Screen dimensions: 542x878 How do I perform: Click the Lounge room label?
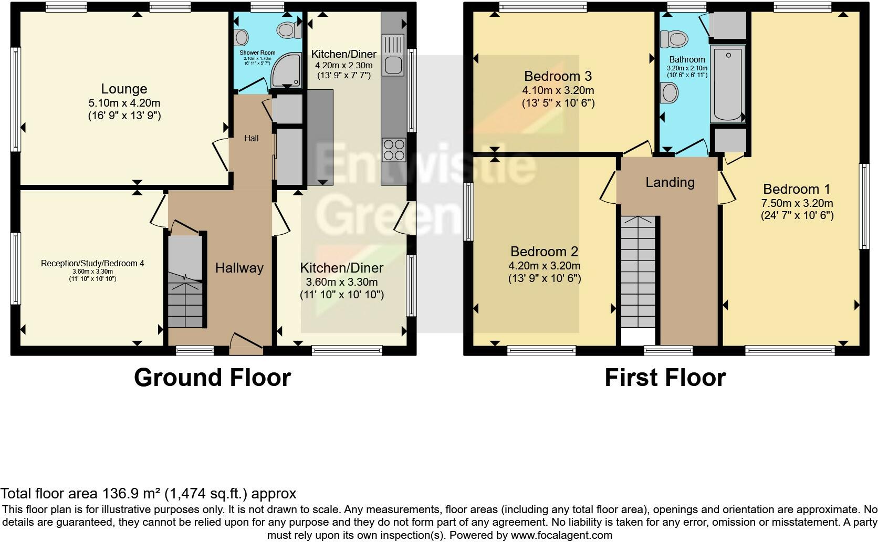click(124, 89)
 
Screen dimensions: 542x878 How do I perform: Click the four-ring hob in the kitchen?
click(394, 149)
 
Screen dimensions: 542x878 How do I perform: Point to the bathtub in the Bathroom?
click(727, 84)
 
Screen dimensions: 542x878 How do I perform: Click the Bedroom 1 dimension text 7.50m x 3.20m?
click(797, 203)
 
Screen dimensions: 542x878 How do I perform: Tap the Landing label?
click(670, 182)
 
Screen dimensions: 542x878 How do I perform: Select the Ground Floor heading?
click(212, 378)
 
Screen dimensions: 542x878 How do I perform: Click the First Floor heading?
click(665, 378)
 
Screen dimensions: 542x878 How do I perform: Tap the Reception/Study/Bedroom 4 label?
click(92, 263)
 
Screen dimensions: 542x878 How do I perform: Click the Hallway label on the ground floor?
click(239, 268)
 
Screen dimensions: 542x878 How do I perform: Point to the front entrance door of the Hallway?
click(246, 340)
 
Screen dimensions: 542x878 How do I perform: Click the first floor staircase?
click(638, 273)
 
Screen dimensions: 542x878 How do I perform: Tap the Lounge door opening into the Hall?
click(221, 153)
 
